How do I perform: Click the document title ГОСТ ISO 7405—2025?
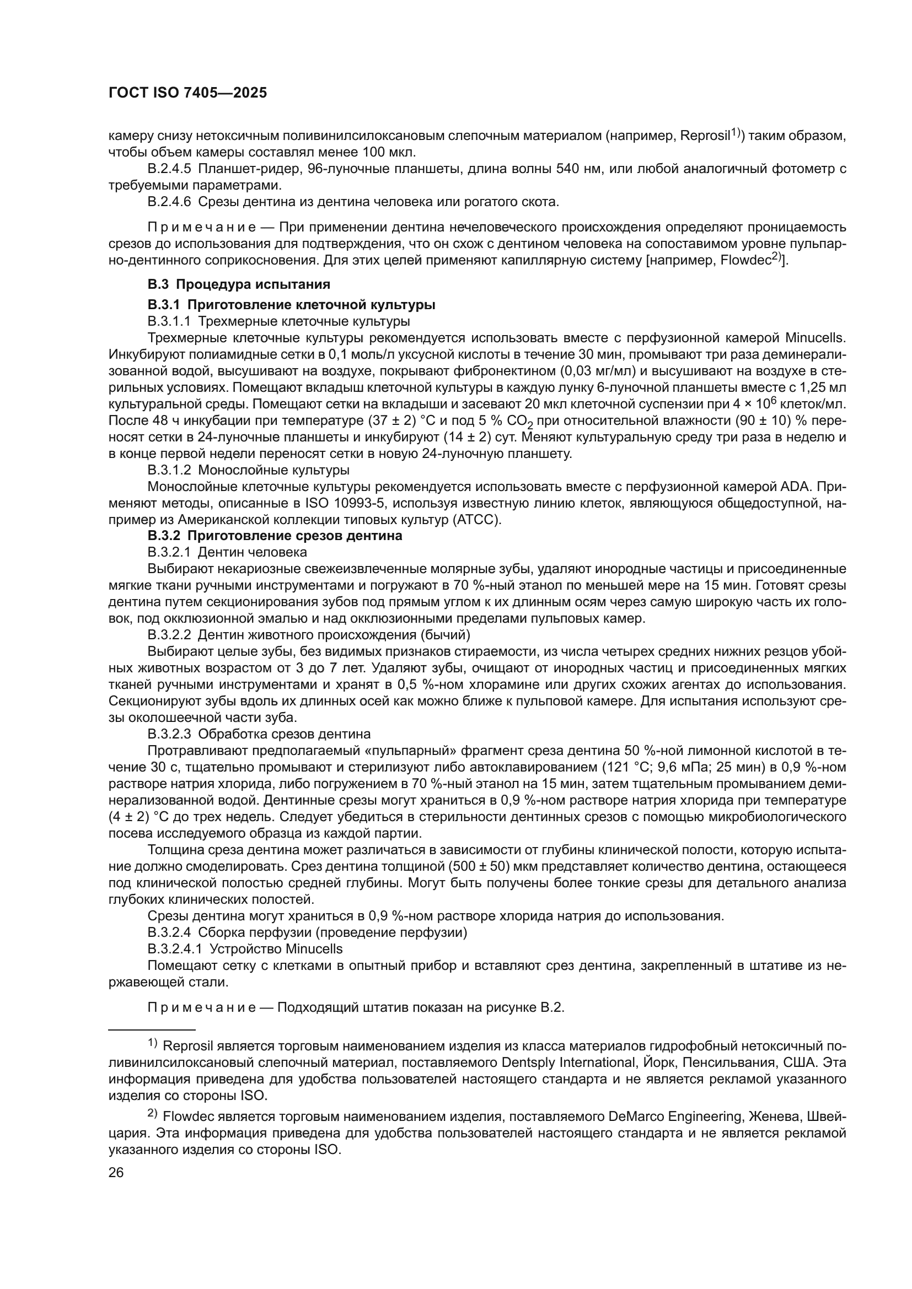click(187, 93)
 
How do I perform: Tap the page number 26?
click(116, 1172)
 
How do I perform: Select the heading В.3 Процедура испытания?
click(239, 284)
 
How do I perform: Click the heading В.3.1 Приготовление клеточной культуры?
click(292, 305)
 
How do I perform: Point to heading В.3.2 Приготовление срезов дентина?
click(275, 536)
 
